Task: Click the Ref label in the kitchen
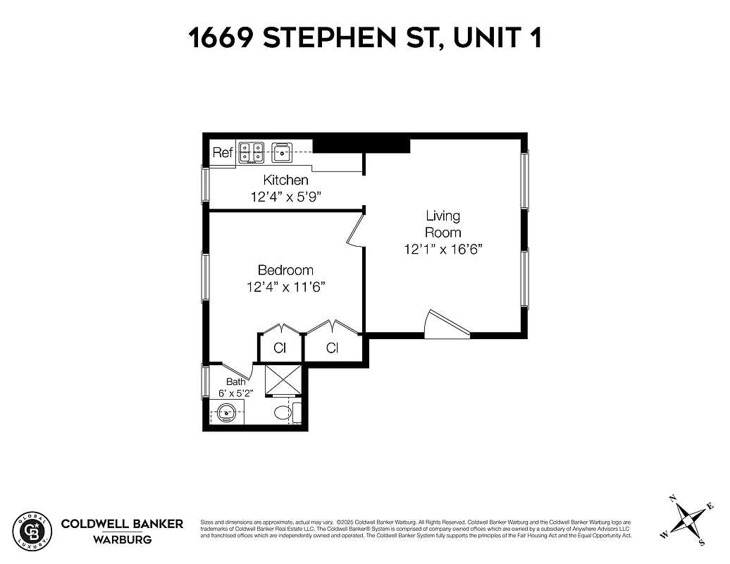click(223, 153)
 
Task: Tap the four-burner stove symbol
click(252, 152)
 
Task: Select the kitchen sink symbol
click(282, 152)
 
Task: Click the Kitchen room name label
click(285, 180)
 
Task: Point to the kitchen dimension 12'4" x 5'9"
click(285, 197)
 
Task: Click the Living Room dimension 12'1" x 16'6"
click(443, 249)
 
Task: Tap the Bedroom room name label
click(285, 270)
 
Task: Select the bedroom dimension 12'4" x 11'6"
click(285, 287)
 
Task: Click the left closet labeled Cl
click(280, 348)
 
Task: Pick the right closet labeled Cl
click(333, 348)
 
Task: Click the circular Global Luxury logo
click(32, 530)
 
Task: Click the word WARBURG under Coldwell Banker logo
click(122, 540)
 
